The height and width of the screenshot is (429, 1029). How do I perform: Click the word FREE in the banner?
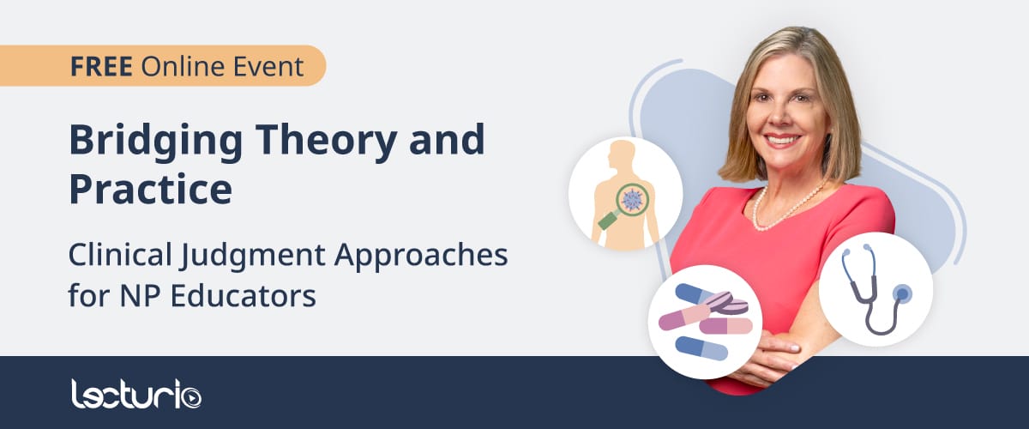(101, 66)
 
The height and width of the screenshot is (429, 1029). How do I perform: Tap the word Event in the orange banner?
(268, 66)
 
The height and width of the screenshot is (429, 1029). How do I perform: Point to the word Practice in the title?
(151, 189)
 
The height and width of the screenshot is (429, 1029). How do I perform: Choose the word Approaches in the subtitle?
(421, 256)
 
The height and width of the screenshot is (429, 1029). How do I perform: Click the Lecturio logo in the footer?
(136, 394)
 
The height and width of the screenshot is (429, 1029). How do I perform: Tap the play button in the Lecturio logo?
(190, 396)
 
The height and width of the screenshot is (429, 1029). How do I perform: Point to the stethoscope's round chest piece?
(903, 293)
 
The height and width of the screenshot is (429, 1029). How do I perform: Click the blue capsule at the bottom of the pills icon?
(701, 348)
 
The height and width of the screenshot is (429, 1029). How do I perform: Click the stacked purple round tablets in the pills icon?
(725, 304)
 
